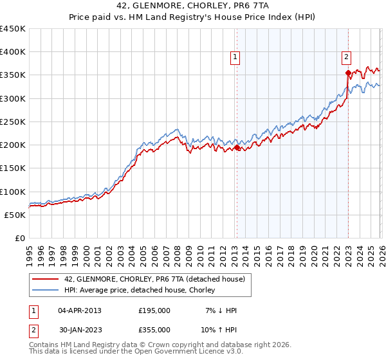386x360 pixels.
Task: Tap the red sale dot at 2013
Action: [x=236, y=147]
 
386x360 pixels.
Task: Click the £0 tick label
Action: [x=20, y=238]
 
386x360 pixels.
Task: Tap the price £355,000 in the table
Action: [x=154, y=329]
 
